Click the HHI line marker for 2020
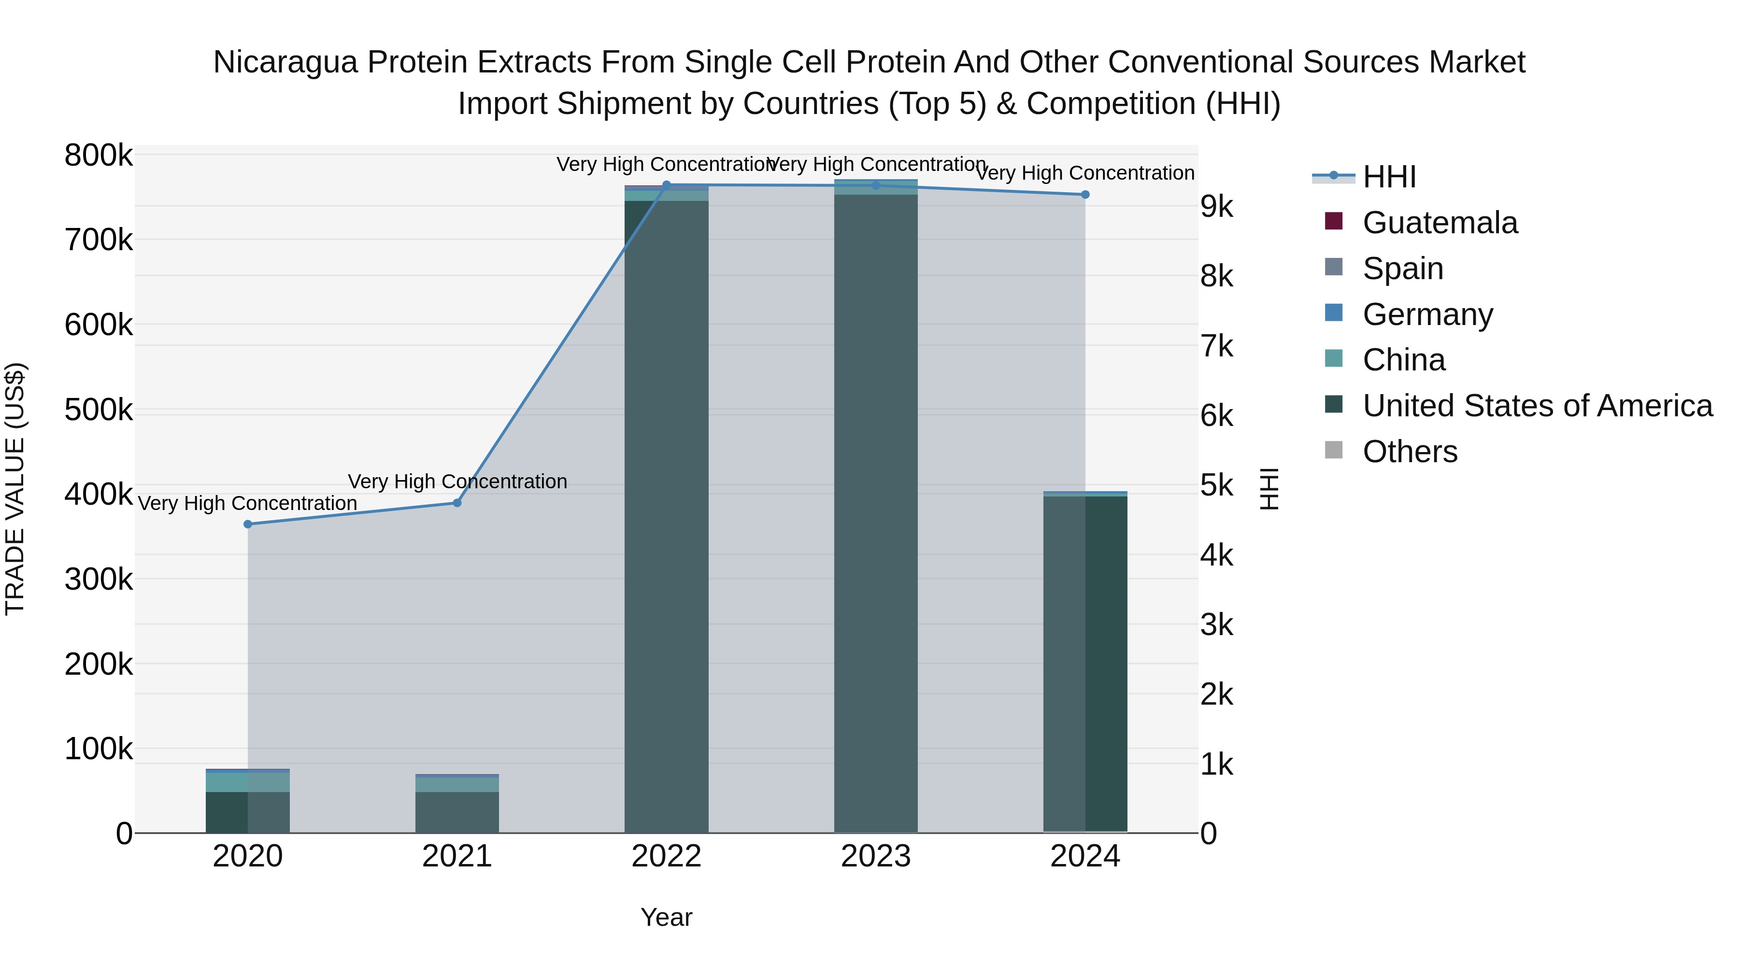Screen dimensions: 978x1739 click(x=248, y=524)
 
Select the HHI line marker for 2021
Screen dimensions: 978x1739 click(x=457, y=503)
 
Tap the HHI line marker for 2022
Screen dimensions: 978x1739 click(x=666, y=184)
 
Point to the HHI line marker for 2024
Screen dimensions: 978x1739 click(x=1085, y=194)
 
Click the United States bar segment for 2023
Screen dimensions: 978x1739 click(x=876, y=513)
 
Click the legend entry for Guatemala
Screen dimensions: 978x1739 click(x=1440, y=223)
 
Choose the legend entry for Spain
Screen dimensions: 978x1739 click(x=1402, y=269)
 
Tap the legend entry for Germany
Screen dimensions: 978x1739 click(x=1427, y=314)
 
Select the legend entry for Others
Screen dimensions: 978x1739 click(x=1410, y=452)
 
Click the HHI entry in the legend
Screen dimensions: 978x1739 click(x=1389, y=177)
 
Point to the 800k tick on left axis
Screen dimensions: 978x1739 click(x=99, y=155)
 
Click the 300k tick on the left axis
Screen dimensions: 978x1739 click(x=99, y=579)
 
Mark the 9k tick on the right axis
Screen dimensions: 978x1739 click(x=1216, y=207)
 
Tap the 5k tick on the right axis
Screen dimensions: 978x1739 click(x=1216, y=485)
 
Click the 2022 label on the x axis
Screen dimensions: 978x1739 click(x=666, y=856)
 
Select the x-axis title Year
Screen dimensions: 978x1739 click(x=666, y=917)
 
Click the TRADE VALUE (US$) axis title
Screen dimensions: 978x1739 click(x=15, y=489)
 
